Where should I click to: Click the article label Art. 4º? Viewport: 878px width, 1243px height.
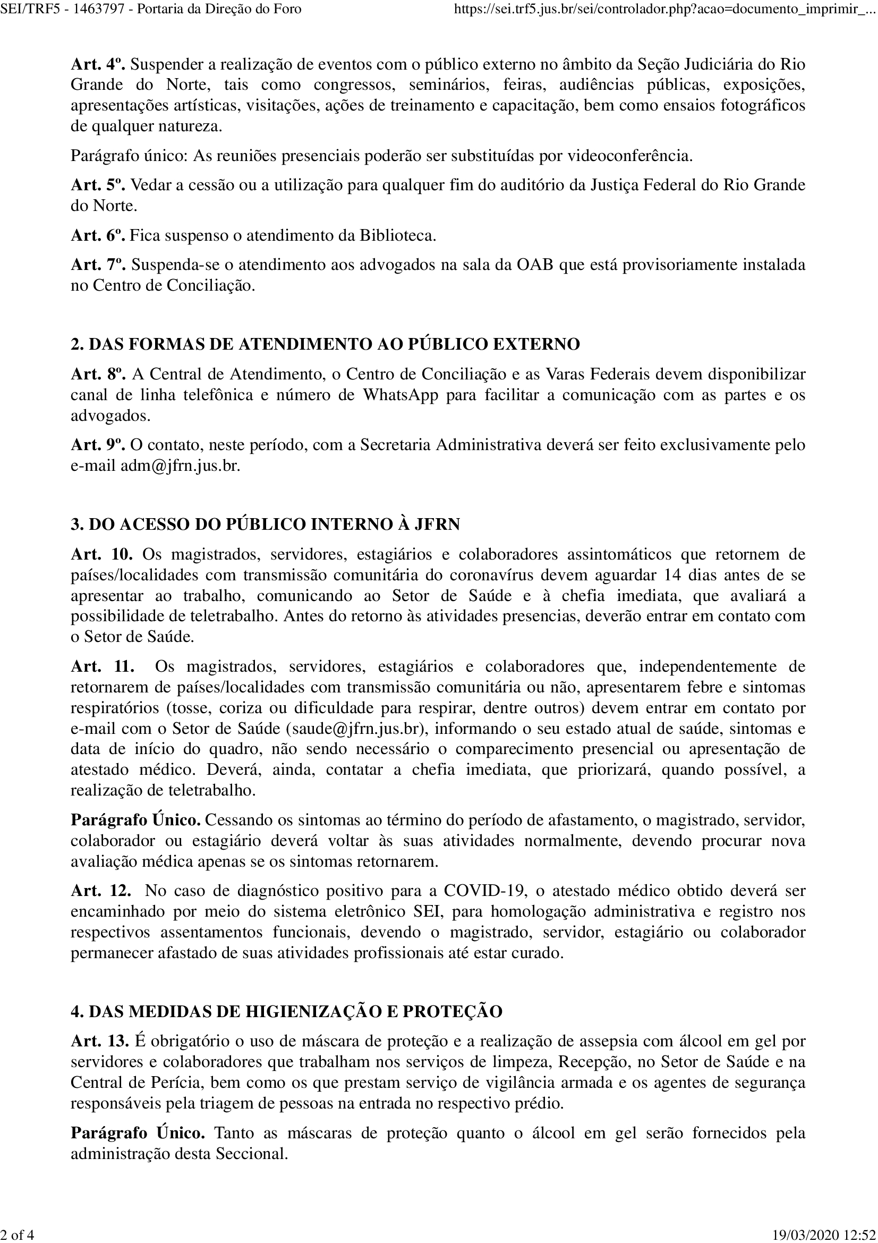click(x=97, y=64)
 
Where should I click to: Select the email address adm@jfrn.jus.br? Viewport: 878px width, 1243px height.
click(x=180, y=466)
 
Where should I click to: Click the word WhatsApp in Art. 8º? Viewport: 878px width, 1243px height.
click(x=400, y=395)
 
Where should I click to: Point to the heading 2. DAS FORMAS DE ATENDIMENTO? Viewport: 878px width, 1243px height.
click(x=325, y=344)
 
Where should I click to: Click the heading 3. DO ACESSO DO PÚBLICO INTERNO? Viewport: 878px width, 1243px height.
click(x=265, y=524)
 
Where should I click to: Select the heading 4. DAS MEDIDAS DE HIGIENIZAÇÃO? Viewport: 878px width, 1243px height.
click(x=287, y=1011)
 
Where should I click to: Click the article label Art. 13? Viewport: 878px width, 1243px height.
click(x=99, y=1041)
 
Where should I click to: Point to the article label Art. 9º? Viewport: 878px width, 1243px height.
click(x=97, y=445)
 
